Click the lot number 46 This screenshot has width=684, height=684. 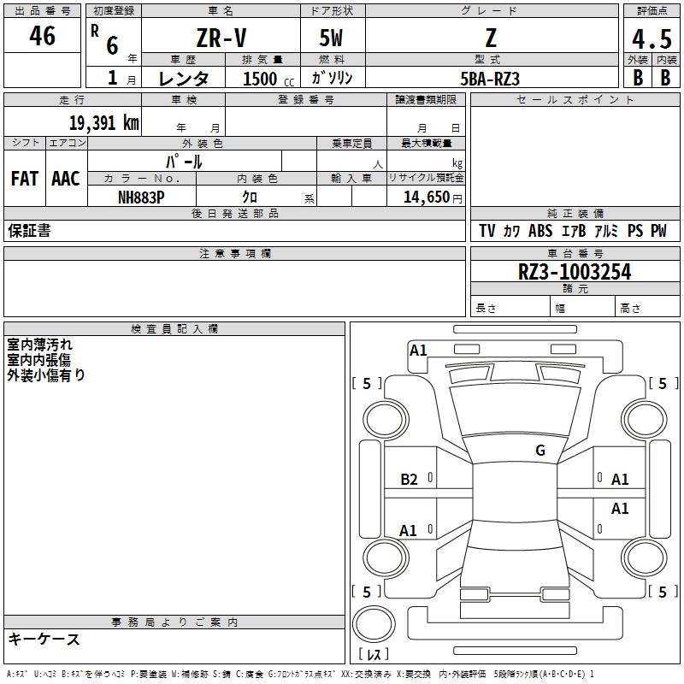pyautogui.click(x=42, y=36)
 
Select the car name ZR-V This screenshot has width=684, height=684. pyautogui.click(x=221, y=39)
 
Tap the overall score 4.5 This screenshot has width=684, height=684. pyautogui.click(x=652, y=40)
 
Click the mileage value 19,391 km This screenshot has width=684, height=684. pyautogui.click(x=104, y=123)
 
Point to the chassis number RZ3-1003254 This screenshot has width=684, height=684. pyautogui.click(x=575, y=273)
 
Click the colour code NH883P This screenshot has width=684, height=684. pyautogui.click(x=141, y=197)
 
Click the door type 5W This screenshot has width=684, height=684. pyautogui.click(x=331, y=39)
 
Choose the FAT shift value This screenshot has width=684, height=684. pyautogui.click(x=25, y=179)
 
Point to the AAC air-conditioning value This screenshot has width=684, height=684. pyautogui.click(x=66, y=179)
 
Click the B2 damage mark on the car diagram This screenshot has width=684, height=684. pyautogui.click(x=410, y=480)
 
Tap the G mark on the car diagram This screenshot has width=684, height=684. pyautogui.click(x=540, y=451)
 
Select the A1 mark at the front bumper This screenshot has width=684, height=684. pyautogui.click(x=418, y=350)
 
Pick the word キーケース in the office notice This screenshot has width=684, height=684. pyautogui.click(x=44, y=640)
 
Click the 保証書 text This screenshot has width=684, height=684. pyautogui.click(x=29, y=231)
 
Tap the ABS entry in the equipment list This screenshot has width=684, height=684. pyautogui.click(x=540, y=231)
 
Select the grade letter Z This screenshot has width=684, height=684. pyautogui.click(x=490, y=39)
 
